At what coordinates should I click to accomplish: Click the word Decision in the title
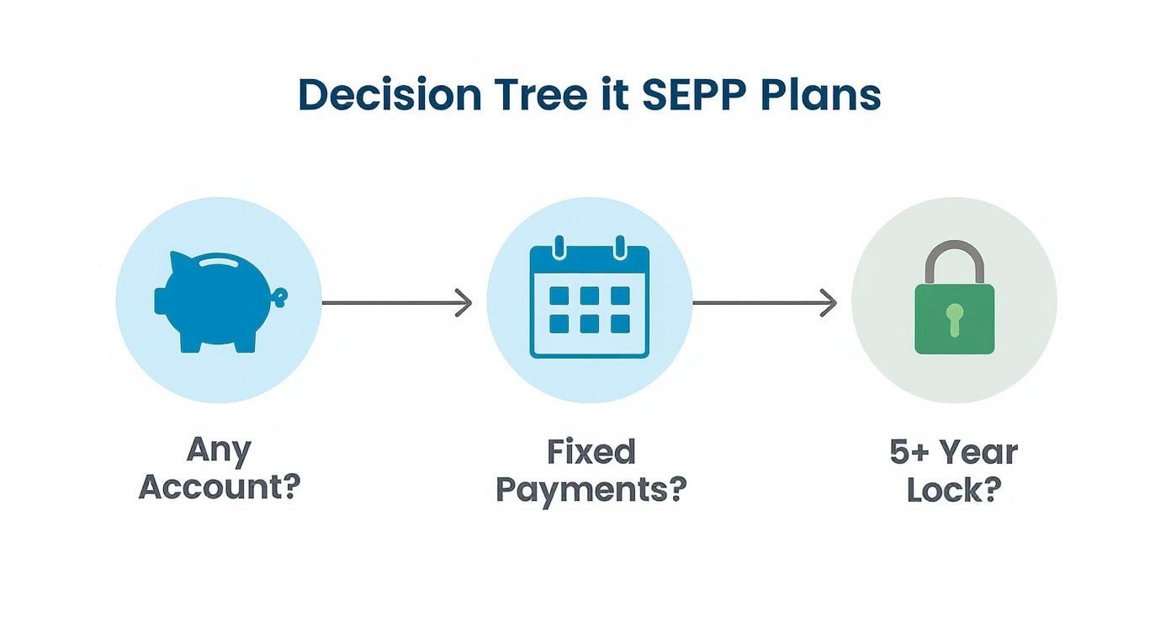pos(390,94)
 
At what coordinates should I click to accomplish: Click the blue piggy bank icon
pos(220,302)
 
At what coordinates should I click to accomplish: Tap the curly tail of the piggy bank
pos(281,297)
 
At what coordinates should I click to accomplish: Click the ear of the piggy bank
pos(179,260)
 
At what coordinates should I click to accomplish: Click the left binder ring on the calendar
pos(559,247)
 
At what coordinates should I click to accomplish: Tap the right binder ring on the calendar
pos(620,247)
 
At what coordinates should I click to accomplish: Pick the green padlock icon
pos(954,297)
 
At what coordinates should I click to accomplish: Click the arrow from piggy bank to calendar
pos(397,302)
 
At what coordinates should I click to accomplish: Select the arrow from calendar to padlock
pos(765,302)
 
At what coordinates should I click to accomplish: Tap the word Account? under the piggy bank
pos(220,487)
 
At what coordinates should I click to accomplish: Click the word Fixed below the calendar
pos(591,452)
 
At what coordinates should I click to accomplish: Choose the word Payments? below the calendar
pos(591,491)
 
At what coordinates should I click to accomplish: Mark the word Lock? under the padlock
pos(954,490)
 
